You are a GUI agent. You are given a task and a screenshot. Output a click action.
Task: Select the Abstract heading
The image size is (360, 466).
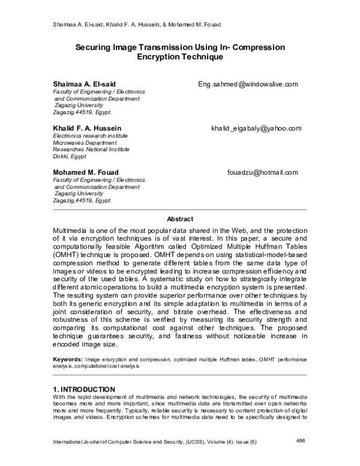pos(179,219)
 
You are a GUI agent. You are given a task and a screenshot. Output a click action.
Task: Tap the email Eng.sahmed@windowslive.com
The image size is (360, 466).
pos(248,84)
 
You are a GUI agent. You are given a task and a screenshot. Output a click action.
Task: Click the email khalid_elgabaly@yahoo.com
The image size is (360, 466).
pos(256,129)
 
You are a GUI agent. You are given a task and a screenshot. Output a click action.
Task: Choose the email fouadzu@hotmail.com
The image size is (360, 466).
pos(262,172)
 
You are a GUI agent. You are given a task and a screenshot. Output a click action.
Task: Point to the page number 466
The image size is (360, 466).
pos(302,441)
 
